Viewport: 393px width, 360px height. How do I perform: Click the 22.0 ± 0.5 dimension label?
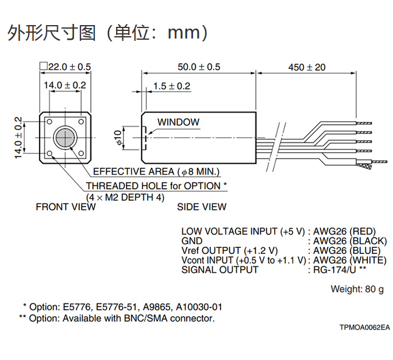(69, 67)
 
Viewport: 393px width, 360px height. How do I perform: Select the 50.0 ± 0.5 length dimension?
(199, 67)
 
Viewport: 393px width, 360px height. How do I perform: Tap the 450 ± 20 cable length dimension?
(307, 67)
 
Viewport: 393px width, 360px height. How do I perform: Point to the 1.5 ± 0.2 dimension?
(171, 86)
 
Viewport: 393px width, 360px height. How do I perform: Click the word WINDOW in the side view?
(178, 122)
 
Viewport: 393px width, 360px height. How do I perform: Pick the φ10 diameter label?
(118, 137)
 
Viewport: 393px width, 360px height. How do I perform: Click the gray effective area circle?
(65, 138)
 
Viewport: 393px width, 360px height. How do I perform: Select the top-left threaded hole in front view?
(50, 122)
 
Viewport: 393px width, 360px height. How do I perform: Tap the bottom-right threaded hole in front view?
(81, 153)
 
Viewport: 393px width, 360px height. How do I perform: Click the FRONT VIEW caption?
(66, 207)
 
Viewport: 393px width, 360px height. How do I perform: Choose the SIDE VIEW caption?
(202, 207)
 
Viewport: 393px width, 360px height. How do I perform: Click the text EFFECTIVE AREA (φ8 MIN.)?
(156, 172)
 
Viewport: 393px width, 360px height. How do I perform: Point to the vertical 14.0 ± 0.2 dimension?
(19, 138)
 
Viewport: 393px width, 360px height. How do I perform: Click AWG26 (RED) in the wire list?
(345, 231)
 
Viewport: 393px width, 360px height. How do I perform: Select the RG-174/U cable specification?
(335, 270)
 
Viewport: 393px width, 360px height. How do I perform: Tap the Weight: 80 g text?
(357, 289)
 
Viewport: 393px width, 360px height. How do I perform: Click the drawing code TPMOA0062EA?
(364, 327)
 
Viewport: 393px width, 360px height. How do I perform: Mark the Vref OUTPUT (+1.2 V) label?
(230, 251)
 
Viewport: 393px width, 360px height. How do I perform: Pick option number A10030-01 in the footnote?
(199, 307)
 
